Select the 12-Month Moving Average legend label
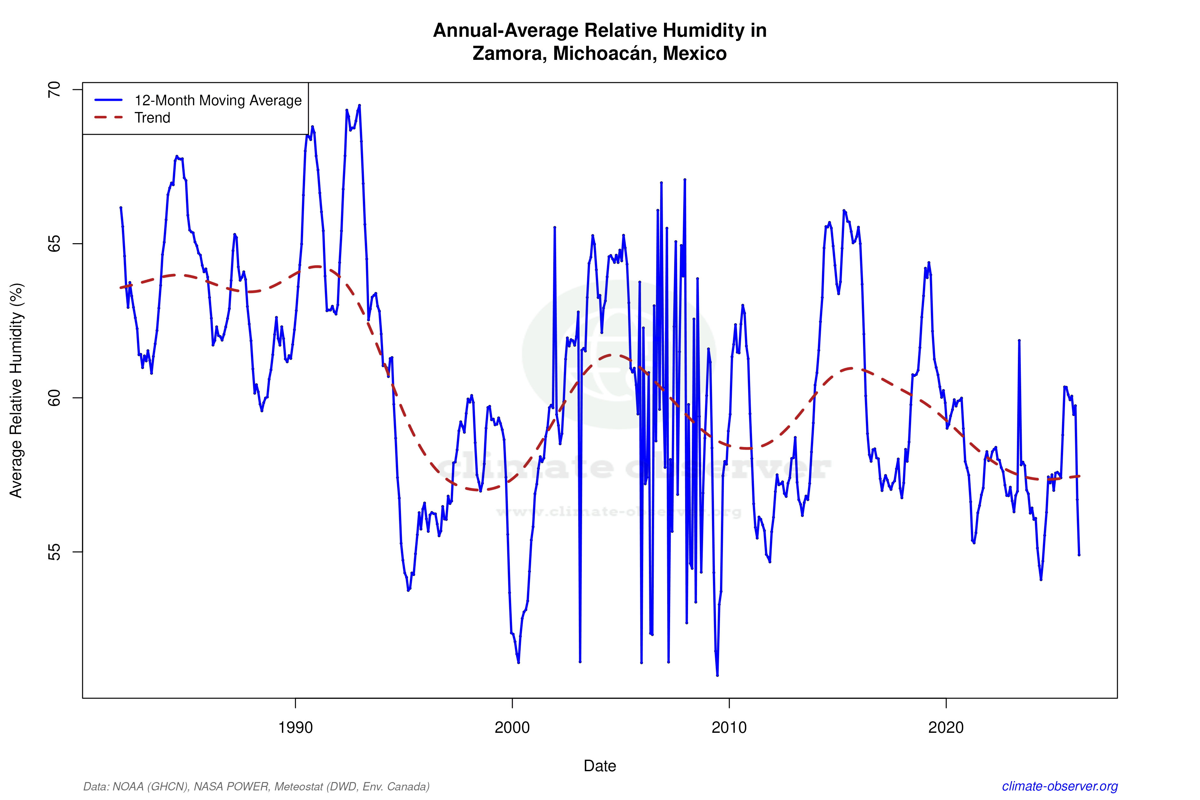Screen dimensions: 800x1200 [x=218, y=100]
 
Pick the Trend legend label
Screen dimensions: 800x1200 [x=152, y=118]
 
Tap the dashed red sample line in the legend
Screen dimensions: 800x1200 [x=109, y=118]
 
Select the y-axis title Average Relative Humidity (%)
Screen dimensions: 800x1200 [x=16, y=390]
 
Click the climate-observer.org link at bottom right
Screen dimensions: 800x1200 [x=1060, y=786]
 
